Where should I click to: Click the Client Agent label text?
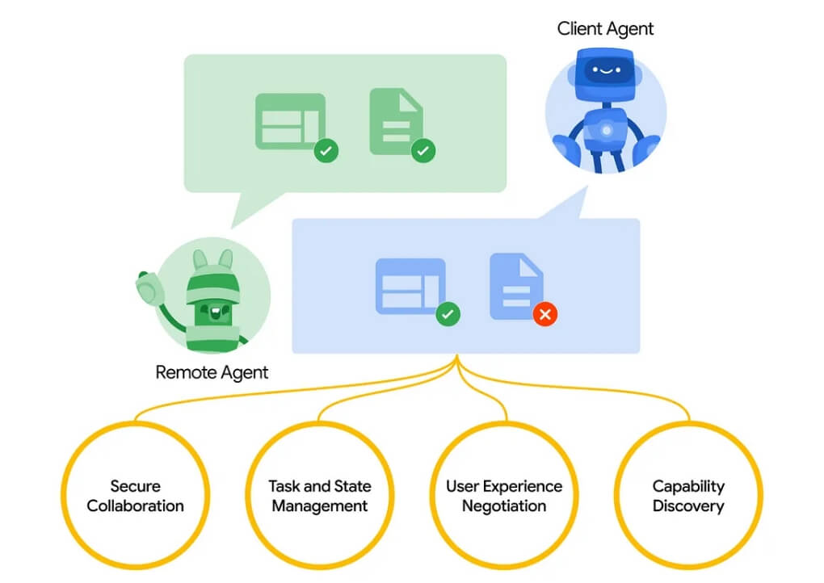pos(605,29)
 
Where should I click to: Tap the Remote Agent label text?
pos(212,372)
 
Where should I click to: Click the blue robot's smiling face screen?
pos(606,70)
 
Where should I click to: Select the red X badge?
pos(545,314)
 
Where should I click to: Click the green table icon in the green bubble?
pos(291,121)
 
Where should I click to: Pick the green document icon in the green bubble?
pos(396,121)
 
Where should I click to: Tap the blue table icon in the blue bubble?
pos(410,286)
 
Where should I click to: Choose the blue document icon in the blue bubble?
pos(516,286)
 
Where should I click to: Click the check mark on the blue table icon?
pos(448,314)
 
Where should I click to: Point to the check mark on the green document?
pos(423,151)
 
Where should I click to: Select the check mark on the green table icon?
pos(326,151)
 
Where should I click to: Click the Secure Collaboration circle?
pos(135,422)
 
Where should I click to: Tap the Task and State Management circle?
pos(320,422)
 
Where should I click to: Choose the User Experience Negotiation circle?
pos(504,422)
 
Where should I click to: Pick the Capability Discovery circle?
pos(688,422)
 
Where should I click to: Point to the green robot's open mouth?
pos(215,313)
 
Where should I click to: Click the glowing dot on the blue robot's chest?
pos(607,130)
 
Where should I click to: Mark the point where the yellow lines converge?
pos(456,355)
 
